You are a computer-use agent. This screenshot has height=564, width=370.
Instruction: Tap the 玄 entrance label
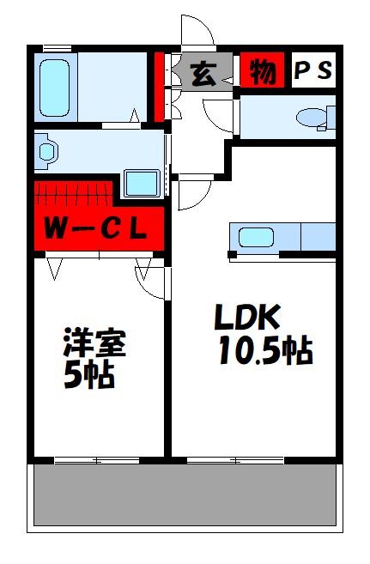203,74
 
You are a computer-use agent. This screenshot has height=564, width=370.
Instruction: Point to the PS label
313,72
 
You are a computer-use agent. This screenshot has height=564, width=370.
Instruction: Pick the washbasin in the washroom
46,151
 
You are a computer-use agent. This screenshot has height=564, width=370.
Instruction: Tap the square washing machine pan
142,183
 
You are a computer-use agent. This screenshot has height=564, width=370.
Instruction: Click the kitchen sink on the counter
256,237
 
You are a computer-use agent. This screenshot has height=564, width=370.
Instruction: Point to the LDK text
246,319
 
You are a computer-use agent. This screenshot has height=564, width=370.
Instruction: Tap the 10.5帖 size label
264,352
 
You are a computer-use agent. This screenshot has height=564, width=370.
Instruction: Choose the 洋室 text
94,343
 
